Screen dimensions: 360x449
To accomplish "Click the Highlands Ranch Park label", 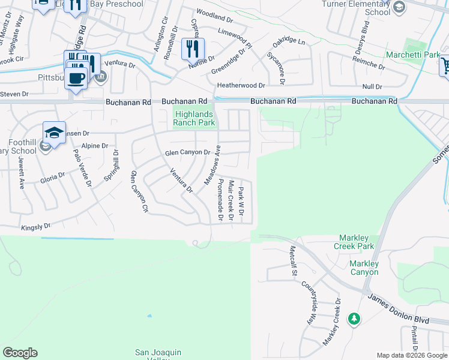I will click(194, 118).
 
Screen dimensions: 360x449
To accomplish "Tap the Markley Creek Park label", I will click(357, 242).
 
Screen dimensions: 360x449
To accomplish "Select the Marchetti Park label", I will click(422, 55).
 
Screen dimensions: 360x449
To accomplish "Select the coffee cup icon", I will click(76, 77).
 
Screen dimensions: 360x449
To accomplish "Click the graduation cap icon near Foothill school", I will click(54, 132).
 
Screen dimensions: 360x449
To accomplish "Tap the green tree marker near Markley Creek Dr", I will click(354, 318).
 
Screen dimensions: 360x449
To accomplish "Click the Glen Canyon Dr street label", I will click(187, 153).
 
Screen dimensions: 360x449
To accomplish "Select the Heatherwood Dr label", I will click(241, 86).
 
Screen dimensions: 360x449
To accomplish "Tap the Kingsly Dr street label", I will click(36, 227).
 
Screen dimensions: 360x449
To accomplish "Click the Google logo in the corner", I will click(20, 353).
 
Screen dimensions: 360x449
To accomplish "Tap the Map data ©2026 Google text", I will click(412, 355).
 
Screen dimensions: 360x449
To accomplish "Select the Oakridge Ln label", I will click(289, 43).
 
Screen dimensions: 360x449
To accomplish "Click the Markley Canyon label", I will click(365, 268).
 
